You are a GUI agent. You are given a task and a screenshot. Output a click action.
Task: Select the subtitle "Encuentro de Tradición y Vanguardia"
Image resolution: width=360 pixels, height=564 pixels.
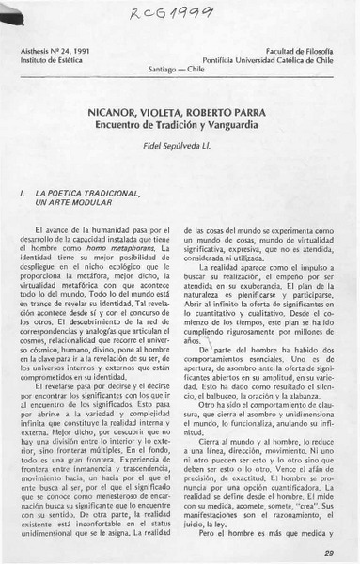[180, 120]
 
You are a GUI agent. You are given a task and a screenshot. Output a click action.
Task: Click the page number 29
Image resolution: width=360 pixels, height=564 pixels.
[328, 553]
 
